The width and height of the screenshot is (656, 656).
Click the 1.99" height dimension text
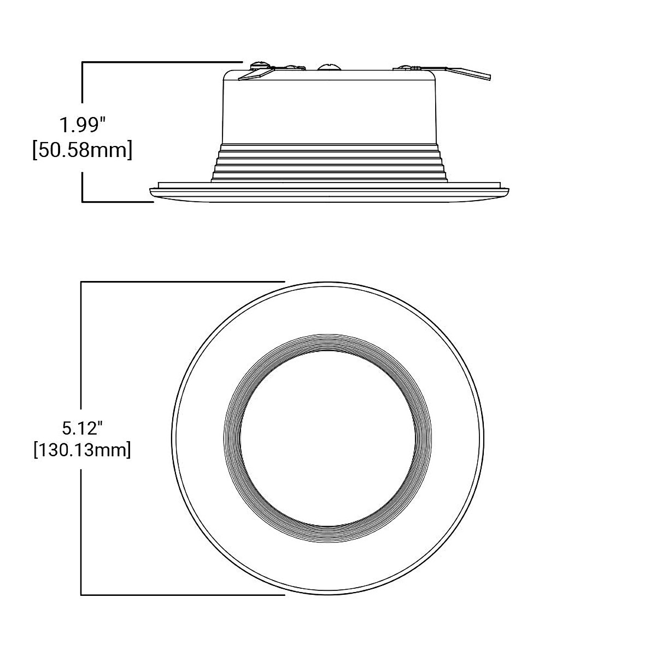(82, 126)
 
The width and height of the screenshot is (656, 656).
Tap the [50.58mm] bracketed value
(82, 150)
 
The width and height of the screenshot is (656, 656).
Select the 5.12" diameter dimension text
(82, 426)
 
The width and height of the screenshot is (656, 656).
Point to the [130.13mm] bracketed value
(82, 450)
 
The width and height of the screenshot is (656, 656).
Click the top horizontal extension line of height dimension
(161, 62)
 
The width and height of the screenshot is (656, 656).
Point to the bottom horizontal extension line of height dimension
(118, 202)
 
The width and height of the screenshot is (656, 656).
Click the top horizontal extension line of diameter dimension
(183, 282)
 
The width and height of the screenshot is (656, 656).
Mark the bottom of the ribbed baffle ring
(328, 536)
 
